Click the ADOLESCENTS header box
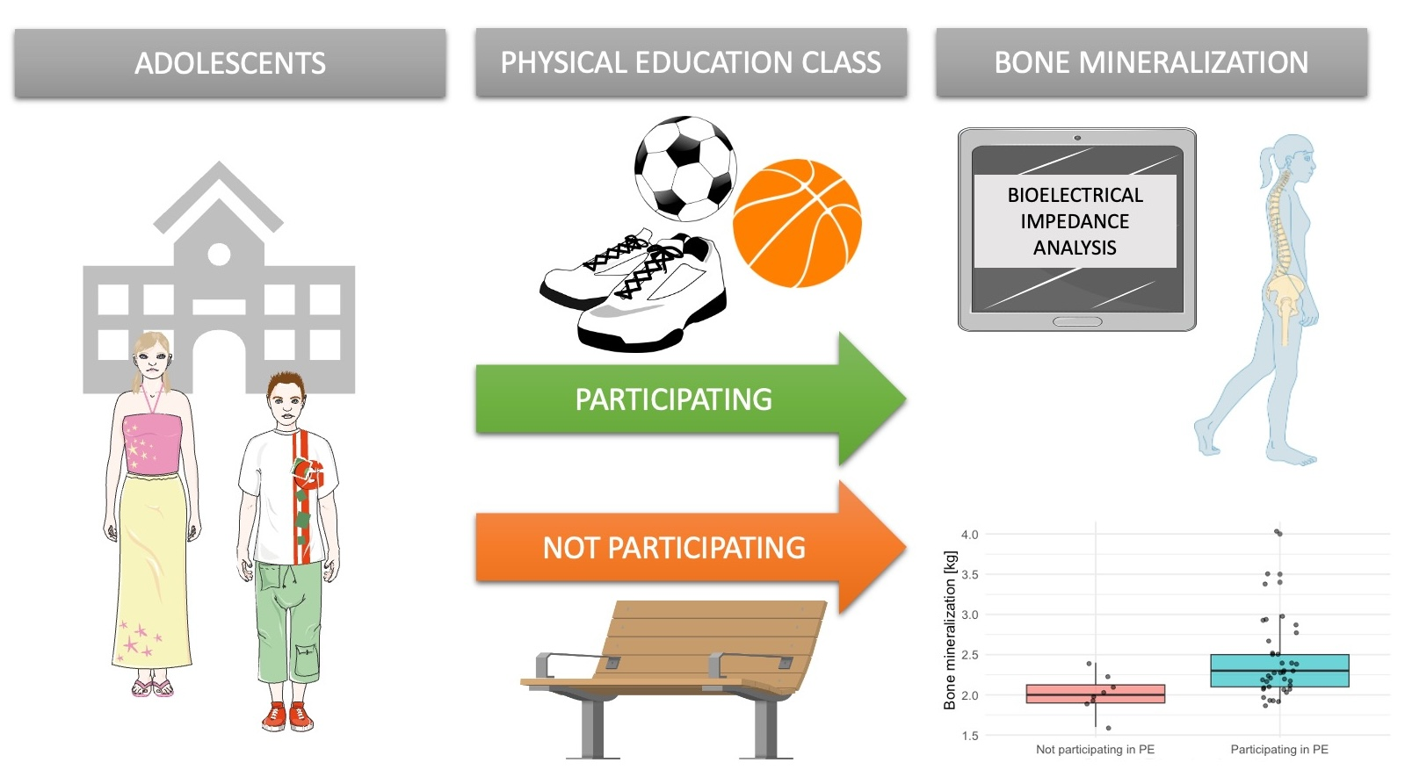coord(230,62)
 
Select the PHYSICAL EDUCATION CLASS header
coord(692,62)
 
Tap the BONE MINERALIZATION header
coord(1152,62)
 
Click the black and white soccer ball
coord(685,169)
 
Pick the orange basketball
coord(797,223)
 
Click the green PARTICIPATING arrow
coord(690,399)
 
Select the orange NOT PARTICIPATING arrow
coord(690,547)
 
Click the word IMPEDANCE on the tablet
coord(1075,221)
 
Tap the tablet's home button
coord(1077,321)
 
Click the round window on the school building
coord(219,255)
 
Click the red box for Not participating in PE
coord(1096,694)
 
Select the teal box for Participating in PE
coord(1279,671)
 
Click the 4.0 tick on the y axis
coord(969,535)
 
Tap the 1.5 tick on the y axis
coord(969,736)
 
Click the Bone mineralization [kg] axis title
coord(950,629)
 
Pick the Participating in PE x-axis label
coord(1279,750)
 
